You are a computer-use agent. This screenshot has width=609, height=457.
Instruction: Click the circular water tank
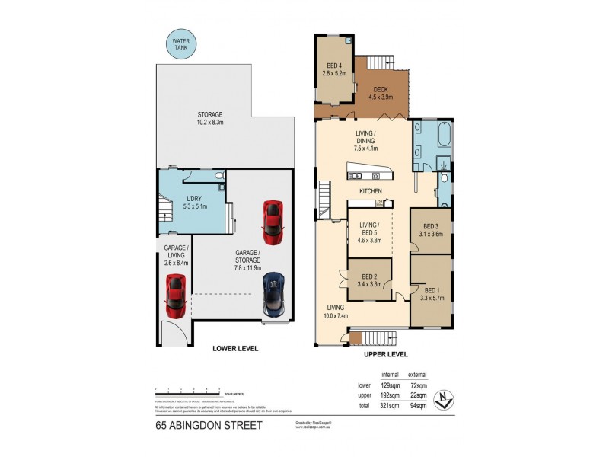pyautogui.click(x=180, y=44)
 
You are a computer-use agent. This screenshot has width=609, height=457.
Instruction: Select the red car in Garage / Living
pyautogui.click(x=176, y=296)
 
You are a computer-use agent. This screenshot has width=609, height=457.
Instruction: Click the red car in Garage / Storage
pyautogui.click(x=272, y=219)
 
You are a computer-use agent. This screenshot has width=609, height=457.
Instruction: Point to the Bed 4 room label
pyautogui.click(x=335, y=66)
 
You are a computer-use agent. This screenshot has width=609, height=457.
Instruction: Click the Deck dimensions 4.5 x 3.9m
pyautogui.click(x=381, y=97)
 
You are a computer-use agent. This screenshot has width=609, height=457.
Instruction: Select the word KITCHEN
pyautogui.click(x=371, y=190)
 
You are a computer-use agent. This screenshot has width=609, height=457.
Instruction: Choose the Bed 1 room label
pyautogui.click(x=432, y=290)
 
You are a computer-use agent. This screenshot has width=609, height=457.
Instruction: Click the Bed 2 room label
pyautogui.click(x=370, y=276)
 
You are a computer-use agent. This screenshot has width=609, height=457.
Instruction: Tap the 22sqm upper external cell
pyautogui.click(x=418, y=397)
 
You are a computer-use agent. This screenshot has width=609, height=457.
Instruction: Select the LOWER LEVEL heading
pyautogui.click(x=235, y=348)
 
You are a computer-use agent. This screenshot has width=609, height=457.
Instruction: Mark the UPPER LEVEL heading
pyautogui.click(x=385, y=354)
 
